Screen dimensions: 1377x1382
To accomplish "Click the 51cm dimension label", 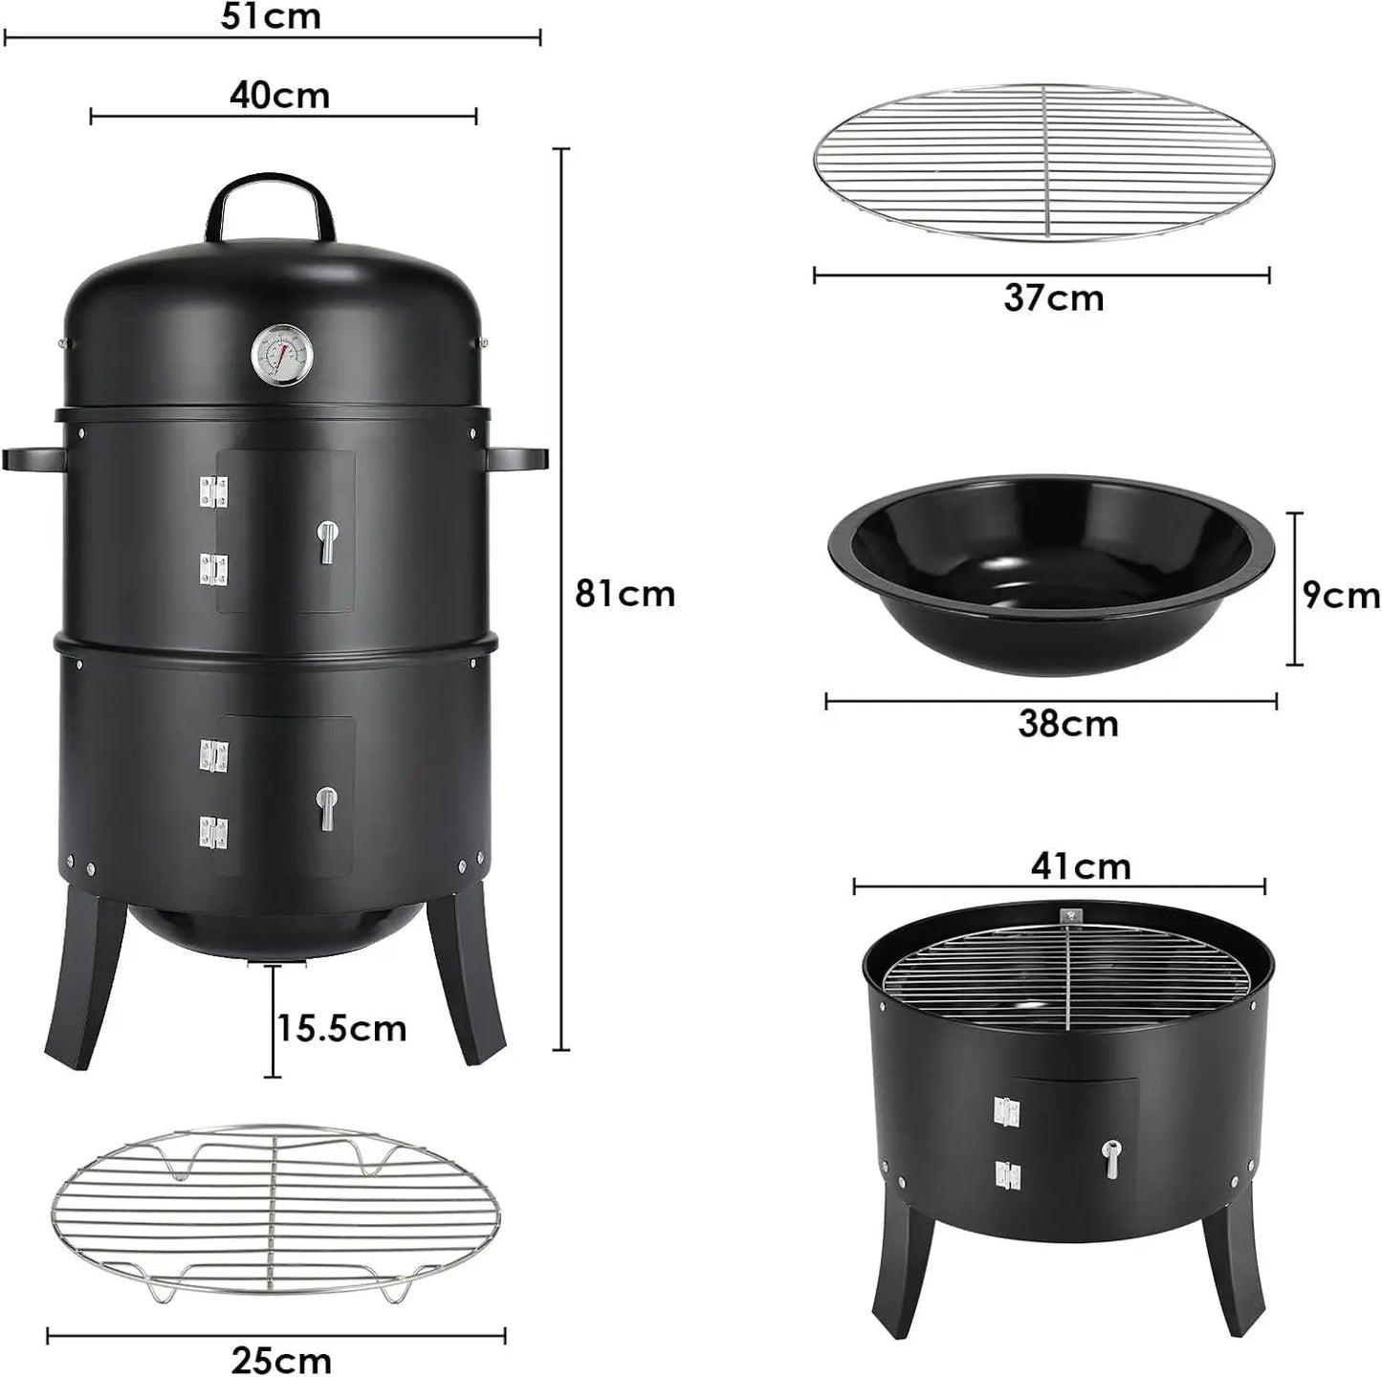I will pos(271,16).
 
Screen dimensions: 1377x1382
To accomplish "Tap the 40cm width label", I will pos(279,96).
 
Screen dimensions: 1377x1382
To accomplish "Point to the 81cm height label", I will pos(625,594).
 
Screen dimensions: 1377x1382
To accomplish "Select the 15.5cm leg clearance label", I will pos(341,1029).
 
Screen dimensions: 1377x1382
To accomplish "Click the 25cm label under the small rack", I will pos(281,1360).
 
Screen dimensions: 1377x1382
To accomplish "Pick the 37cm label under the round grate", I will pos(1053,298).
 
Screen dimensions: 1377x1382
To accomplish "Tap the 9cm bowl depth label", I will pos(1341,596).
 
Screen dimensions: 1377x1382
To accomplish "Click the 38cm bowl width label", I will pos(1067,724).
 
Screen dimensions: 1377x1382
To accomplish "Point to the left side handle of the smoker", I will pos(33,458).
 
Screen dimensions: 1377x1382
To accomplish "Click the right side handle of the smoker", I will pos(517,458).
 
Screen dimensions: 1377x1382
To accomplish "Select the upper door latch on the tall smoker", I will pos(327,541).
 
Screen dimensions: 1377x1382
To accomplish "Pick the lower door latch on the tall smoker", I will pos(327,808).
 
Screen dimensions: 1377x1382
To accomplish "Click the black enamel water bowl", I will pos(1050,574).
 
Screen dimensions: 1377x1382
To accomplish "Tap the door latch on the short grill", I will pos(1110,1159).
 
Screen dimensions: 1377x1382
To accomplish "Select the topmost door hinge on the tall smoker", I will pos(213,492).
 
